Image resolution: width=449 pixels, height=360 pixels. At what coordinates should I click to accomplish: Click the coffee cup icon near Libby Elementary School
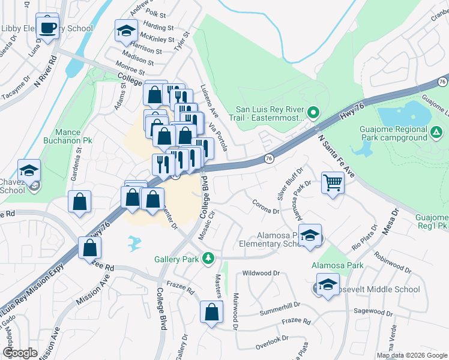(x=47, y=27)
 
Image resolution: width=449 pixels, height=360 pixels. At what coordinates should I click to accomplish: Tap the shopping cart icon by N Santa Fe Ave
(x=333, y=182)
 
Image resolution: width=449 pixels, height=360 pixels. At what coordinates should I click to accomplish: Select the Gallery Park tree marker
(x=208, y=258)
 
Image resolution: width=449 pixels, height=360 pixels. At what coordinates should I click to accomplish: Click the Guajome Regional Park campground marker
(x=436, y=131)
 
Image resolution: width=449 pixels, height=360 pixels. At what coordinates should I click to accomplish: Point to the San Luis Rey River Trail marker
(x=313, y=112)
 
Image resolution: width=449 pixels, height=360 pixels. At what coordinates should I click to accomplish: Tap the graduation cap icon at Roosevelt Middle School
(x=328, y=286)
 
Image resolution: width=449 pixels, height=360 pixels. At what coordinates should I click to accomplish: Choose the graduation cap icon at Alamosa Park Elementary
(x=310, y=236)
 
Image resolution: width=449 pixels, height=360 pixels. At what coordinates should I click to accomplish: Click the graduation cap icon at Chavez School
(x=29, y=172)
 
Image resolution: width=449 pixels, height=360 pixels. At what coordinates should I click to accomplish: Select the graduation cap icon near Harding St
(x=126, y=31)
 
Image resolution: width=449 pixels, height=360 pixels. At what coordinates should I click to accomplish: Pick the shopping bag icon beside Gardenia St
(x=79, y=203)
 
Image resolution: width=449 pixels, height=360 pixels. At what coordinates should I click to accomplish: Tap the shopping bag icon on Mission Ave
(x=89, y=247)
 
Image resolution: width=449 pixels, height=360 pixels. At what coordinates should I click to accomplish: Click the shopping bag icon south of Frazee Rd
(x=211, y=312)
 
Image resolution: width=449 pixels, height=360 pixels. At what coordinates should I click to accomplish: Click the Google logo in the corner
(x=20, y=353)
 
